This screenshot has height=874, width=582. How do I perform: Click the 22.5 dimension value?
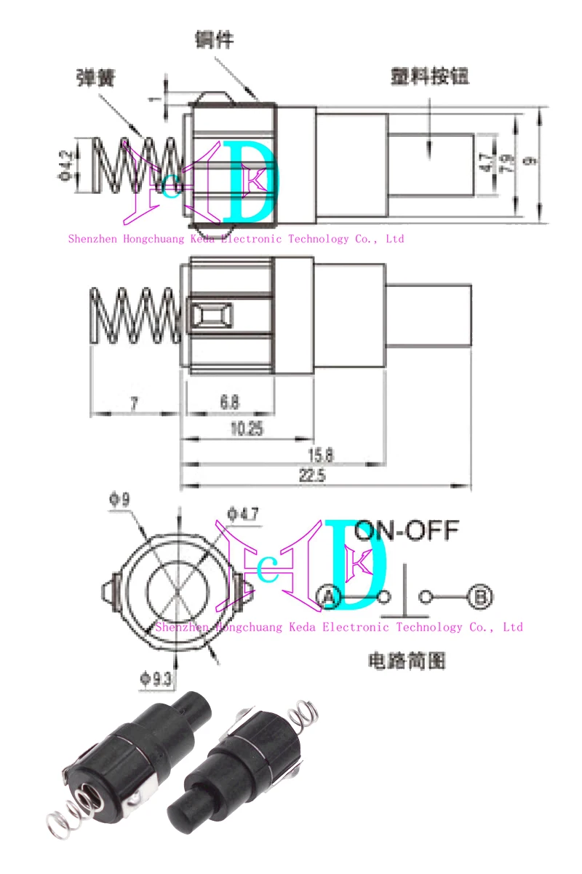[x=317, y=476]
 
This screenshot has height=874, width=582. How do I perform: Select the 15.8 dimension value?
[x=321, y=454]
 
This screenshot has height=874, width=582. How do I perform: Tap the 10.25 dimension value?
[x=246, y=429]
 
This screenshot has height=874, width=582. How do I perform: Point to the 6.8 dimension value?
[x=228, y=401]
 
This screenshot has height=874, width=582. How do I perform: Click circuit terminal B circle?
[x=479, y=598]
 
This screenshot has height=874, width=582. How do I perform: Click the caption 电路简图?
[x=407, y=661]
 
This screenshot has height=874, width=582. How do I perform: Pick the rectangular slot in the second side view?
[x=212, y=317]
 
